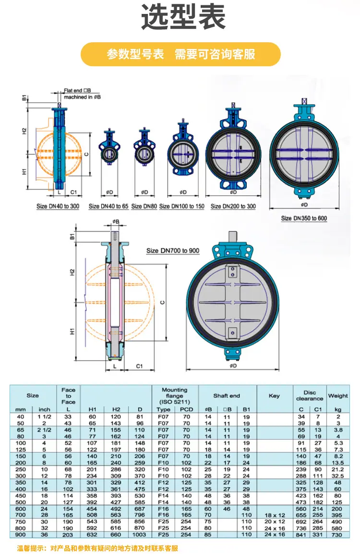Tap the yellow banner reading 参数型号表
coord(180,54)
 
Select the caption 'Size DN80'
coord(144,206)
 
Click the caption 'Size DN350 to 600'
coord(304,218)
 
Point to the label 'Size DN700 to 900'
coord(173,251)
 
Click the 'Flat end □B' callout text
coord(77,90)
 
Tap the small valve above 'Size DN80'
coord(144,146)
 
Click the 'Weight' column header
coord(338,396)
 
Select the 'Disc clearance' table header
coord(310,395)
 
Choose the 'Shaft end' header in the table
coord(227,396)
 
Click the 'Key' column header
coord(274,396)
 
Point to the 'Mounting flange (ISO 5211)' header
coord(175,396)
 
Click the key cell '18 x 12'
coord(275,515)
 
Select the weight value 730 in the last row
coord(337,534)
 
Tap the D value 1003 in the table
coord(139,534)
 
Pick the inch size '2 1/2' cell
coord(45,430)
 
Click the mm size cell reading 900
coord(20,534)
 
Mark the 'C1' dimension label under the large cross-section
coord(140,366)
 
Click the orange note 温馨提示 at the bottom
coord(97,548)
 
